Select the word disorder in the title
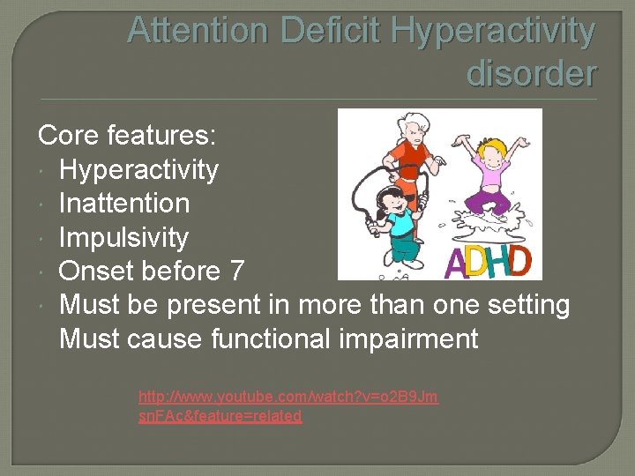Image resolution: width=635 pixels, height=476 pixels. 531,72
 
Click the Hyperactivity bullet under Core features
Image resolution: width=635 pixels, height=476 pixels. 138,169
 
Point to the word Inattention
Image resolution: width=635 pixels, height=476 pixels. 123,204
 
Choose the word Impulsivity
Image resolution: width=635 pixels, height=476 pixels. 123,238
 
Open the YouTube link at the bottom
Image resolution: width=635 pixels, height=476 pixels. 288,406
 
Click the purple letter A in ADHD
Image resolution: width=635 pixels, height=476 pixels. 455,263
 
